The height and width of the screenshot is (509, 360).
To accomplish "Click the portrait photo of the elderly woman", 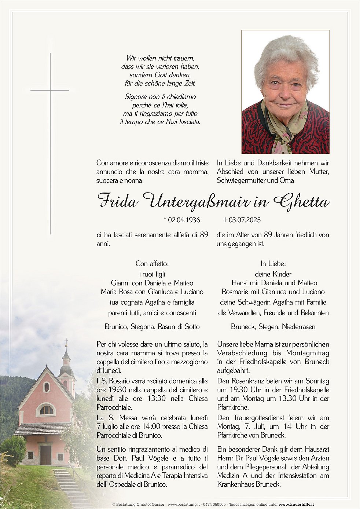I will click(x=285, y=92).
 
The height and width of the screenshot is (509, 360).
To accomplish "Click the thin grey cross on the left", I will click(x=50, y=143).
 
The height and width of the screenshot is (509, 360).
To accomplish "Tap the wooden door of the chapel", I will click(x=45, y=455).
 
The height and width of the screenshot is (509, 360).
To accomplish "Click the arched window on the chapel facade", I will click(x=46, y=409).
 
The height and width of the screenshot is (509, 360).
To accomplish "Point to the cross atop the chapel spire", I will click(x=66, y=342).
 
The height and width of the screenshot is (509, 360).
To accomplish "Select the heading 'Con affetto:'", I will click(x=152, y=264).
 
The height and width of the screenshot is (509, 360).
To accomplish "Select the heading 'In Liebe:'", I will click(x=273, y=264).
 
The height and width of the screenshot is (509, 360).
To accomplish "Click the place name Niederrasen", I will click(x=298, y=327).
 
